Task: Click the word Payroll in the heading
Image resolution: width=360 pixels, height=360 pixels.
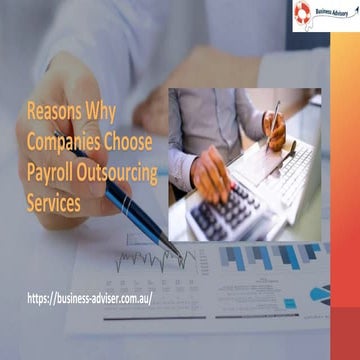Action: (53, 172)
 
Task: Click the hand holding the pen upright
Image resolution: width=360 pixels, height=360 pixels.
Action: (273, 127)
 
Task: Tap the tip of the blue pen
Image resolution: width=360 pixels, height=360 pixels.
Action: (176, 252)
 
